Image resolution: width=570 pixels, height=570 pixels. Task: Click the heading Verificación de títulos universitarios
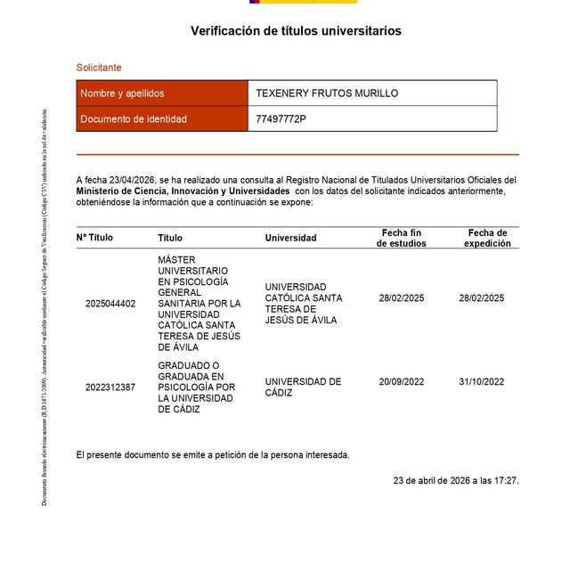click(x=296, y=31)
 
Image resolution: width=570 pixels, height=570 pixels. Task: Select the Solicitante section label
click(x=99, y=68)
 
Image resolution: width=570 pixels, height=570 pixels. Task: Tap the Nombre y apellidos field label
click(x=122, y=94)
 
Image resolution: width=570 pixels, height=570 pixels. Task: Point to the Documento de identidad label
click(x=134, y=119)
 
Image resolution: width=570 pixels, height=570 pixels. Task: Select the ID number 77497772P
click(x=281, y=119)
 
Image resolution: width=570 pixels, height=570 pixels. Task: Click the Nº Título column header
click(x=94, y=238)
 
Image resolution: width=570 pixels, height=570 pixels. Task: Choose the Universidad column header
click(x=290, y=238)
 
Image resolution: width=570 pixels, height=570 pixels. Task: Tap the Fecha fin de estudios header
click(x=401, y=238)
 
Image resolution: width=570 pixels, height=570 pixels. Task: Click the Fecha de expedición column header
click(x=487, y=238)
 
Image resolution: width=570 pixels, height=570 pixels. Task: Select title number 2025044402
click(x=110, y=304)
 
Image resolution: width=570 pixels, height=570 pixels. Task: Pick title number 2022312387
click(x=110, y=387)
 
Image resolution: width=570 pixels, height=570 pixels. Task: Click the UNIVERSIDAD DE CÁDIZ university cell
click(x=303, y=387)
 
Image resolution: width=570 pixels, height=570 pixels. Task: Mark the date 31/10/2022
click(x=481, y=382)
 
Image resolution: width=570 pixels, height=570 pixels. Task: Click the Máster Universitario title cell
click(x=199, y=304)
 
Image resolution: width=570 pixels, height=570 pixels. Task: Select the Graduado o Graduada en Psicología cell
click(x=197, y=387)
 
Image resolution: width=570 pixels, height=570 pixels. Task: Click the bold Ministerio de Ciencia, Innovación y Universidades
click(x=183, y=191)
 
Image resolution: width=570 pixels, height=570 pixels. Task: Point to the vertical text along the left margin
click(x=45, y=307)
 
